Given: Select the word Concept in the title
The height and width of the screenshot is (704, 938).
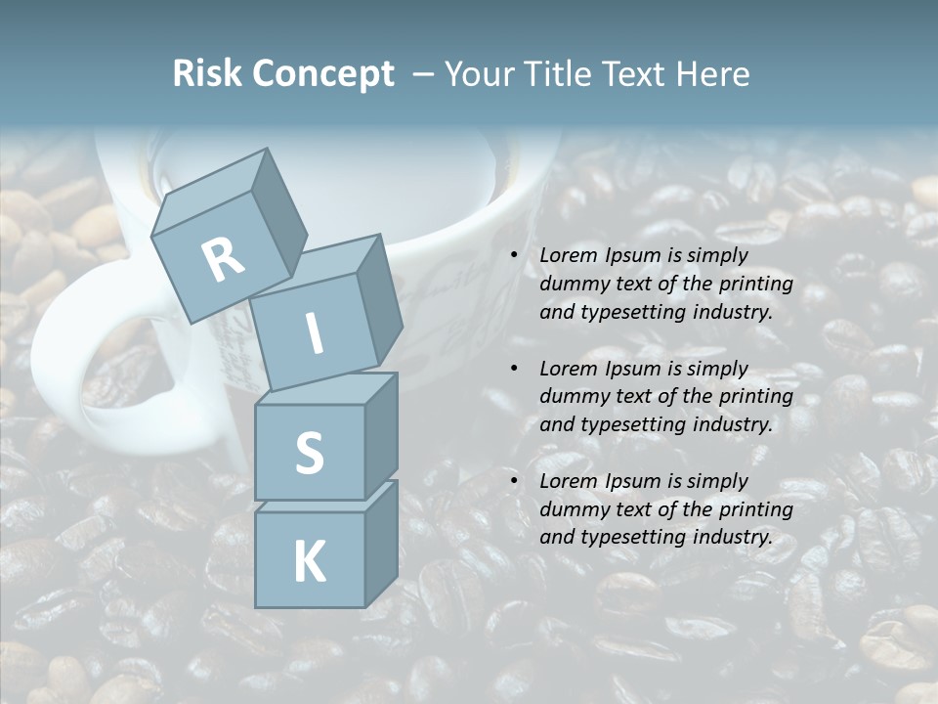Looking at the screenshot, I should (x=323, y=74).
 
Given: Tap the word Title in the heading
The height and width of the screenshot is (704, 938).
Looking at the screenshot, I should (x=555, y=74).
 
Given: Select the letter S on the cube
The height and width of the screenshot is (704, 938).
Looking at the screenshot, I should (x=309, y=453).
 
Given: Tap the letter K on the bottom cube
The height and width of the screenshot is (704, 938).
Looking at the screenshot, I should (x=309, y=562).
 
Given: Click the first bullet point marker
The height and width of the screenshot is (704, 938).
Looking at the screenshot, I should (x=514, y=256).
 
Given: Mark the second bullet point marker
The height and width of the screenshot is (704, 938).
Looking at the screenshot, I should (x=514, y=370).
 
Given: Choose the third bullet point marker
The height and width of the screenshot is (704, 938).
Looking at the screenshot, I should (x=514, y=482).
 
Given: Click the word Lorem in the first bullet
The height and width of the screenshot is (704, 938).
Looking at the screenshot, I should (x=567, y=255).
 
